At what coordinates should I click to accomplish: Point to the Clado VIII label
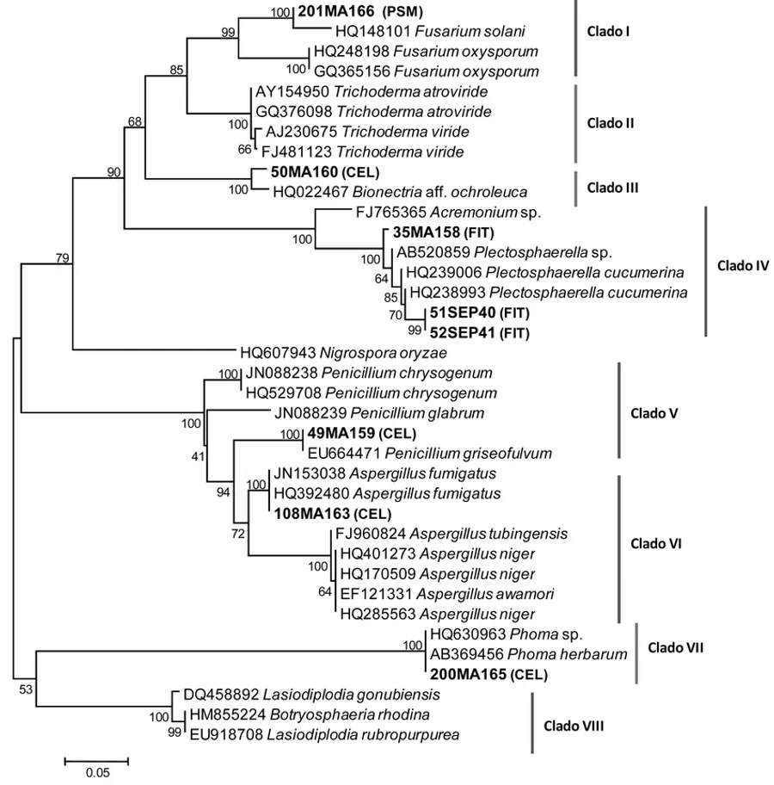click(574, 726)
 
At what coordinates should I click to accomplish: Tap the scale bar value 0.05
click(96, 772)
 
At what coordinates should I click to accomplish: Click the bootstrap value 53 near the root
click(24, 689)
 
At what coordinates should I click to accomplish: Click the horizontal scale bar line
click(96, 760)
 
